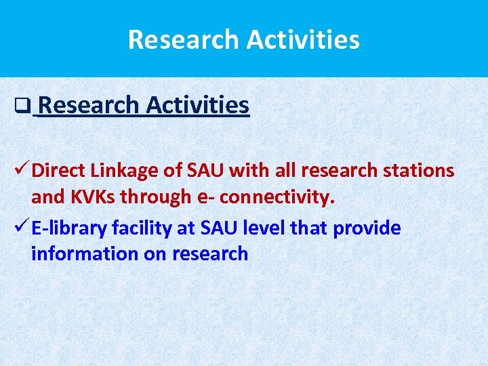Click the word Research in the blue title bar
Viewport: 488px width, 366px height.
(184, 39)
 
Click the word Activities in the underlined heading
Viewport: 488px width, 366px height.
(197, 106)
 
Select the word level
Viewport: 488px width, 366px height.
(261, 228)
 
